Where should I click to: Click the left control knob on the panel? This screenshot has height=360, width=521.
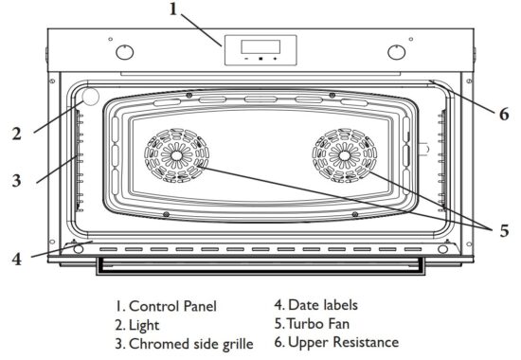123,50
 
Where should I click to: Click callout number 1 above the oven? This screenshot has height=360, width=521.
173,9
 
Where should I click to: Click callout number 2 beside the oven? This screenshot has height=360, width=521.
16,134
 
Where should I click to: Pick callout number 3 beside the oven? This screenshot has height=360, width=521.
16,180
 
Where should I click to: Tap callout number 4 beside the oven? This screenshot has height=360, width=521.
16,256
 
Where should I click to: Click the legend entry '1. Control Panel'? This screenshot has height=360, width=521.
166,306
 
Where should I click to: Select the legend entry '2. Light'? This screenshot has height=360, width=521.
139,324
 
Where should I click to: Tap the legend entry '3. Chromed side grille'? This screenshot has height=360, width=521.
184,343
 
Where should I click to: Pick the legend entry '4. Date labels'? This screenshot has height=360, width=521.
316,305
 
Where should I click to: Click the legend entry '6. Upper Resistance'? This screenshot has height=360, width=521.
335,341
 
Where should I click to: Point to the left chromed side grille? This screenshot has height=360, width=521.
77,161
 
